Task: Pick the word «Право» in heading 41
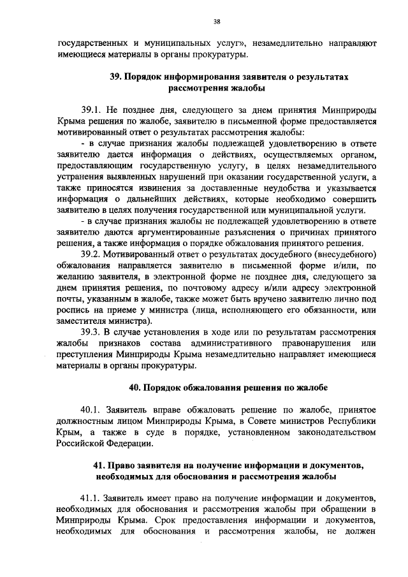pos(122,465)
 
